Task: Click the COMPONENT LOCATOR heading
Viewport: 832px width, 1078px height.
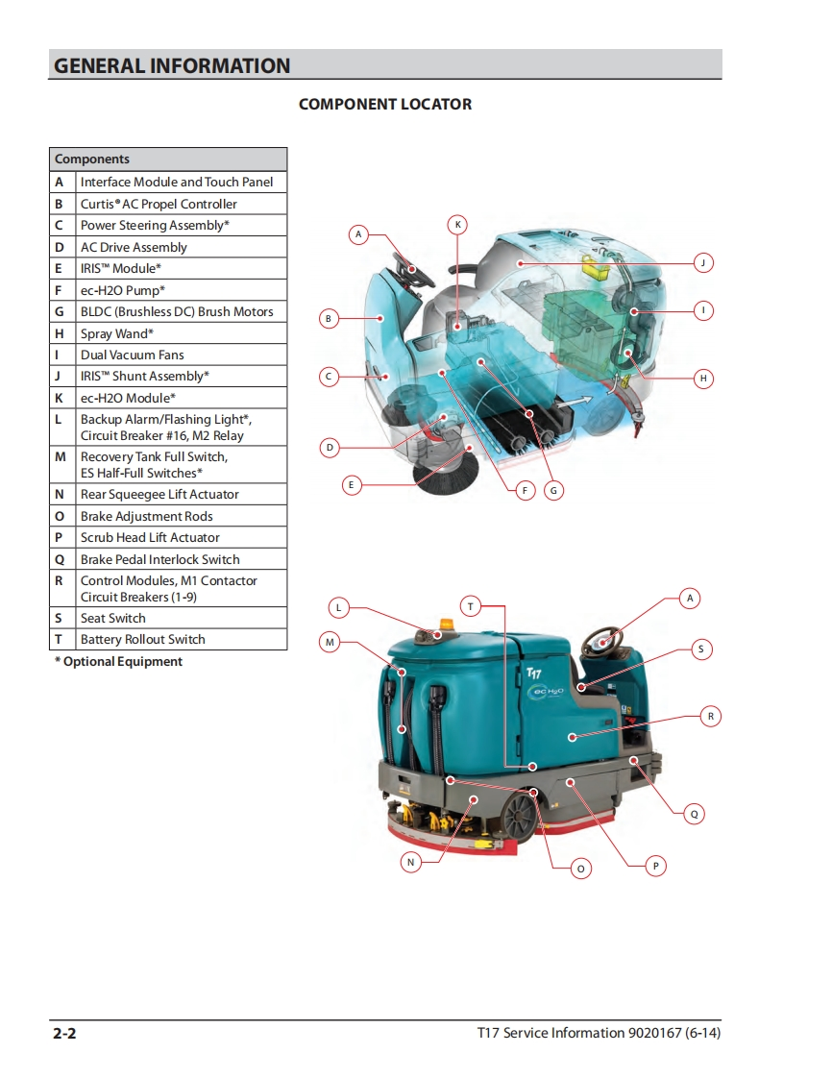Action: [x=385, y=105]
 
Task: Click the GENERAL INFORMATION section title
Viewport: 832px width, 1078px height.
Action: [x=172, y=66]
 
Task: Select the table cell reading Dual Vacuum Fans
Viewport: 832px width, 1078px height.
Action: [x=181, y=355]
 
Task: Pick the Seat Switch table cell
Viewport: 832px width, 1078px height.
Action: [x=181, y=618]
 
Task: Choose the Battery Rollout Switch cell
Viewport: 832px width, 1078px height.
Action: [x=181, y=639]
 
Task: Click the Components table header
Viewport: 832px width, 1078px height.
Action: [x=168, y=159]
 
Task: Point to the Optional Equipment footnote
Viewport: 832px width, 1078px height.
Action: [x=119, y=661]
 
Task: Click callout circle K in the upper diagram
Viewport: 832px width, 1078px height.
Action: [x=457, y=225]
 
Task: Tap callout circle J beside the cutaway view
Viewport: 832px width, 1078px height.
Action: [x=702, y=262]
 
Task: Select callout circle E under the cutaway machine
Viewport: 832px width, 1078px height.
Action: [x=352, y=485]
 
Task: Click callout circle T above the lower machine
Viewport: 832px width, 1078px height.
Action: [x=471, y=606]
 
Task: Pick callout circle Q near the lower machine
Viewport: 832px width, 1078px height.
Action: [x=694, y=814]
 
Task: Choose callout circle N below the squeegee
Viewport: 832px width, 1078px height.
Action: [x=410, y=862]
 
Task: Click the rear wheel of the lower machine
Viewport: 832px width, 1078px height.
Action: [x=519, y=816]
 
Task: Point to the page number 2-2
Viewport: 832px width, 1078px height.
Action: [x=64, y=1033]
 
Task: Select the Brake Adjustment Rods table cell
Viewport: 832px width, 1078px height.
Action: [x=181, y=516]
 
